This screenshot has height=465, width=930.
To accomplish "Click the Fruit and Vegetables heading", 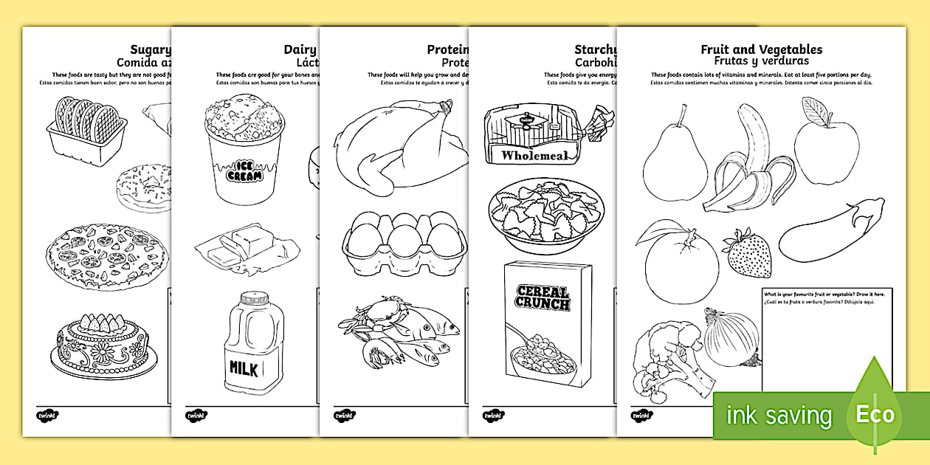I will coord(761,49).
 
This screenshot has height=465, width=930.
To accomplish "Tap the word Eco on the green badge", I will coord(875,415).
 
